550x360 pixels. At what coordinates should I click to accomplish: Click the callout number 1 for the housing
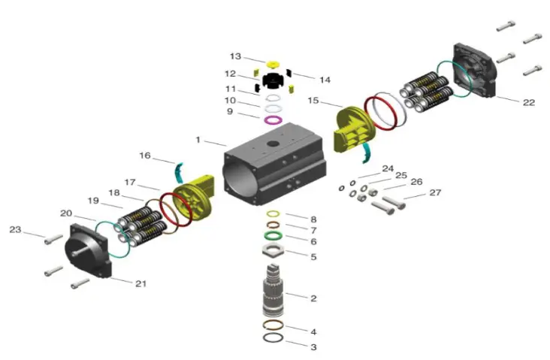pos(198,139)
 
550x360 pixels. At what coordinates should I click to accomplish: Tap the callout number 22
pos(528,102)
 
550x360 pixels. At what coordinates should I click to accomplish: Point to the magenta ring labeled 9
pos(273,119)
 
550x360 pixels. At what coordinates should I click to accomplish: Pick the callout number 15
pos(313,100)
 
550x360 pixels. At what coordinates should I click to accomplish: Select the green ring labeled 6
pos(273,235)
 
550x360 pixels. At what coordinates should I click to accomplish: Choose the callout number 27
pos(435,192)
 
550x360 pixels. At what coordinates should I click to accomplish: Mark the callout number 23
pos(14,229)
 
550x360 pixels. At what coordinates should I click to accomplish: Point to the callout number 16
pos(145,156)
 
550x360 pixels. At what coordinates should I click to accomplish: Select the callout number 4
pos(313,331)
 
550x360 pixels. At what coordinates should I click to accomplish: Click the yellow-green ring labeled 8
pos(273,213)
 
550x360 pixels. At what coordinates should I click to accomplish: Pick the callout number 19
pos(93,201)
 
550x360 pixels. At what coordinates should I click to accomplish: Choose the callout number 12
pos(230,74)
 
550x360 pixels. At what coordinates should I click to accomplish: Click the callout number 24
pos(387,168)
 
